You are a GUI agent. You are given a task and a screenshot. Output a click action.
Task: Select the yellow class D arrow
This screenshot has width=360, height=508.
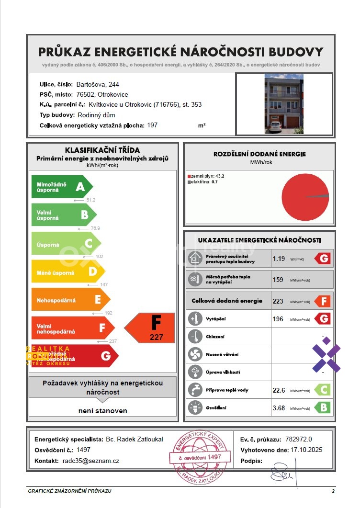coord(67,272)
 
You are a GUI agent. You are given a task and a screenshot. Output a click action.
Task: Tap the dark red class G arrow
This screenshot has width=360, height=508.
coord(75,356)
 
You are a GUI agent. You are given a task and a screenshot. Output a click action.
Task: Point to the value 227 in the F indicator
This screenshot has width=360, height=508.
coord(156,337)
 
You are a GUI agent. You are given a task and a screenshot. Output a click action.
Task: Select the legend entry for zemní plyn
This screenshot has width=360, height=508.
coord(207,176)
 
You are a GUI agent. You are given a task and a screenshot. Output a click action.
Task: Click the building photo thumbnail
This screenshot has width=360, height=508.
coord(284,104)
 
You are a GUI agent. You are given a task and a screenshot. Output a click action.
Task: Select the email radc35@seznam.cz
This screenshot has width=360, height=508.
coord(91,461)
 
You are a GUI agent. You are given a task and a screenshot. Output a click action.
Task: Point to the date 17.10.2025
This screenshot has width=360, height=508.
coord(307,450)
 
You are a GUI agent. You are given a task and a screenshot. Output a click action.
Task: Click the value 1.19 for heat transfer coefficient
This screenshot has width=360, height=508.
coord(279,259)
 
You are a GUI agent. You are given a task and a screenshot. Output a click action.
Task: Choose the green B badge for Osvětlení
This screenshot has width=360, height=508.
coord(323,407)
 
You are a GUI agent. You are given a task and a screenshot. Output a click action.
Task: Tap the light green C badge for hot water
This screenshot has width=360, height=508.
coord(323,390)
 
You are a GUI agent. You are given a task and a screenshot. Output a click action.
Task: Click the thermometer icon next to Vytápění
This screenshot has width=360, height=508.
coord(195,319)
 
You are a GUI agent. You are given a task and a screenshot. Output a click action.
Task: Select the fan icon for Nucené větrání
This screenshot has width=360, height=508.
coord(195,354)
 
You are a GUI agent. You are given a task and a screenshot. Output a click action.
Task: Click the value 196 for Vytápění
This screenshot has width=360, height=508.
coord(278,319)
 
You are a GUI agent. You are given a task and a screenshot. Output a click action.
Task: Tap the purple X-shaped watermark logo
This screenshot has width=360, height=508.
coord(326,355)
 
